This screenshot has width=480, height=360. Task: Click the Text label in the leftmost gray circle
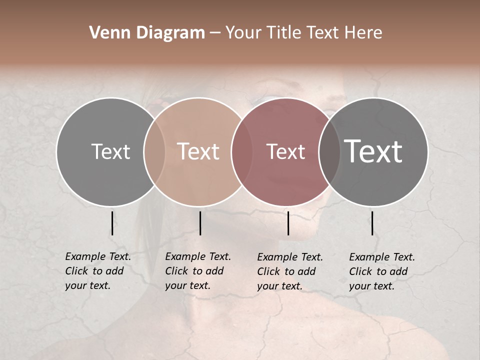[110, 151]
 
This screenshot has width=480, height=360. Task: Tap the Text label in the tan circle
[198, 151]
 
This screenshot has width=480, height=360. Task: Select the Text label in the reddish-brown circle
[285, 151]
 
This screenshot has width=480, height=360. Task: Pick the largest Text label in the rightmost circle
[373, 151]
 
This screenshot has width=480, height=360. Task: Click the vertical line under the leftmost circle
[112, 223]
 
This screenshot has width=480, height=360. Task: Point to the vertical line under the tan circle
[200, 223]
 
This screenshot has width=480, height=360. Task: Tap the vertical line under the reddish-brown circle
[288, 223]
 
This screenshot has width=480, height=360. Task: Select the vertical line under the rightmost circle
[372, 223]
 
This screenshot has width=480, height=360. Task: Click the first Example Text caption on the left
[98, 271]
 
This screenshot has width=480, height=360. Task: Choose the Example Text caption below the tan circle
[198, 271]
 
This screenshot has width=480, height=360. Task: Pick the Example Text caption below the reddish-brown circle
[290, 271]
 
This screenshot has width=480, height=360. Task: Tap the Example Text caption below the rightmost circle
[382, 271]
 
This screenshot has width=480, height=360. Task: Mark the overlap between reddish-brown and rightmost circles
[329, 151]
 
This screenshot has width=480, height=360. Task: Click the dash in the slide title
[215, 33]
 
